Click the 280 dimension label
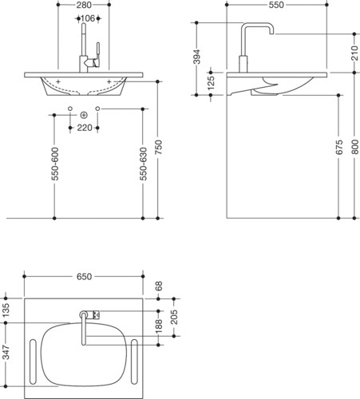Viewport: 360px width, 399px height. pos(84,5)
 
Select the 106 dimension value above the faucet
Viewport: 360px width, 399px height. pos(88,18)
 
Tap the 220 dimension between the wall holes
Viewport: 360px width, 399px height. pos(85,128)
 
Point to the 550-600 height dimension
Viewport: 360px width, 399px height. pos(55,164)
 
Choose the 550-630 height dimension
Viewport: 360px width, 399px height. pos(143,164)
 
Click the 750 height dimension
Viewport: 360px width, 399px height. pos(158,147)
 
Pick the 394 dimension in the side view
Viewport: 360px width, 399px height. pos(196,57)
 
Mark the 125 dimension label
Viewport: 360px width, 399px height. pos(211,83)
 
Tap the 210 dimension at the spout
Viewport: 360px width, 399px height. pos(354,53)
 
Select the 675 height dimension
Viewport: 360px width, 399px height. pos(339,147)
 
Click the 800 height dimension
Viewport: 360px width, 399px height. pos(354,147)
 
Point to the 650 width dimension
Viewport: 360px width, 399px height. pos(84,277)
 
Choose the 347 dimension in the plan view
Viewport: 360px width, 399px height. pos(6,352)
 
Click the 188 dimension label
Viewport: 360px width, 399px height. pos(159,326)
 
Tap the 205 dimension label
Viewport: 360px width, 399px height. pos(174,317)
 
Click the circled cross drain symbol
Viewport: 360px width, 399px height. pos(84,115)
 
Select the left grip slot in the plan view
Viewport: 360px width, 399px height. pos(33,361)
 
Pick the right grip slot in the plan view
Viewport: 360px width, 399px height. pos(134,361)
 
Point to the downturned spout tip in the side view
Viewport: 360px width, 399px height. pos(271,32)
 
